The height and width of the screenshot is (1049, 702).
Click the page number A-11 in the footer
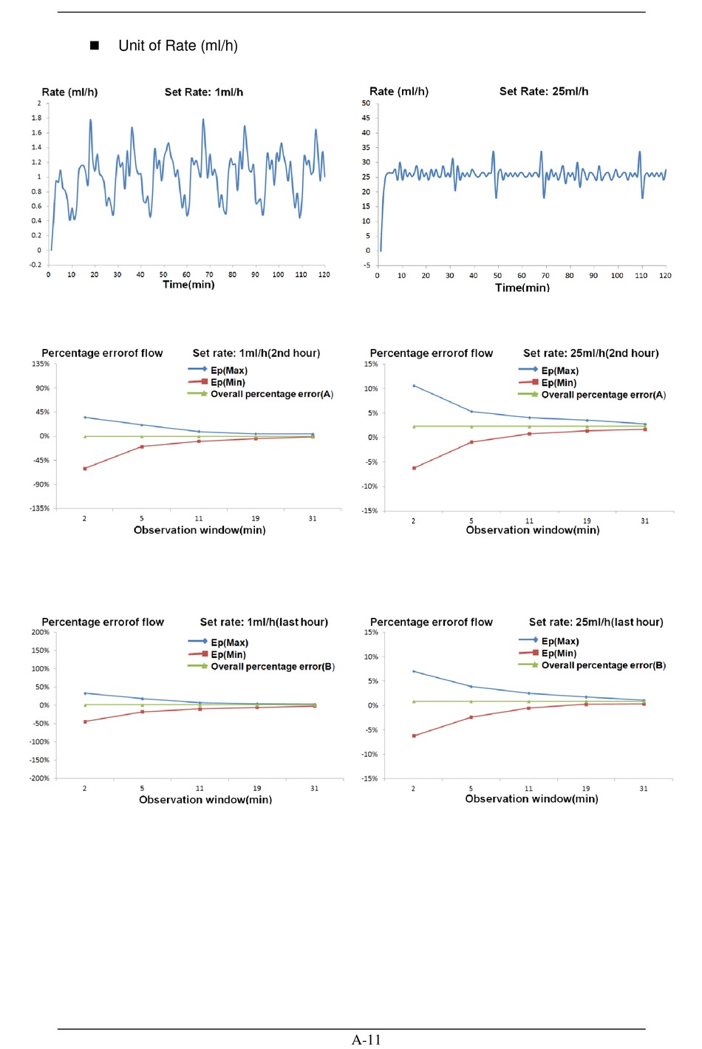point(366,1039)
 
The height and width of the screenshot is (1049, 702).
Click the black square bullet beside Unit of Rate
point(94,45)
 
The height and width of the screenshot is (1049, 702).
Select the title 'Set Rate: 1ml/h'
point(204,92)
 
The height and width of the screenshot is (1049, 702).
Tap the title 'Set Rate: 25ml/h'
point(543,92)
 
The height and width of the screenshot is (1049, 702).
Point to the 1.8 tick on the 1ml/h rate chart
point(36,118)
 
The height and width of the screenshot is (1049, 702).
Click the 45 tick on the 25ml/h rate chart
point(366,118)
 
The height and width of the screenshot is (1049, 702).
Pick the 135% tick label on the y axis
point(40,364)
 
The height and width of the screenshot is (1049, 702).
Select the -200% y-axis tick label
point(39,778)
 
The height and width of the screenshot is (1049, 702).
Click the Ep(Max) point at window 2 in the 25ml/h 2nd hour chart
point(414,386)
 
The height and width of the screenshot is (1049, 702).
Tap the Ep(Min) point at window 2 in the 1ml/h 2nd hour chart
point(85,468)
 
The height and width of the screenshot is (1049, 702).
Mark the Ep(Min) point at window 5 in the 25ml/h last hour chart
point(471,717)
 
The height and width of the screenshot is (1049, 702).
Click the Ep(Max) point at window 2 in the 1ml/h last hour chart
point(85,693)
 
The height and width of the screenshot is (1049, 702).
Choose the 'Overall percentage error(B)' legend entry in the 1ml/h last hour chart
point(261,666)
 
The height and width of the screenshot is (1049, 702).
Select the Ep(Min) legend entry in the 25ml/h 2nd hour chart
point(548,383)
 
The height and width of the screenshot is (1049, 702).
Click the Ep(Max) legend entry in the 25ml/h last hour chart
point(549,641)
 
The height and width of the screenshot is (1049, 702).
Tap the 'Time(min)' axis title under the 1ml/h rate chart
point(188,285)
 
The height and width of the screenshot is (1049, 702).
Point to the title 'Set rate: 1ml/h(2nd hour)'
point(256,353)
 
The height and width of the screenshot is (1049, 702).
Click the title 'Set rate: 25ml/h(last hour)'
point(596,622)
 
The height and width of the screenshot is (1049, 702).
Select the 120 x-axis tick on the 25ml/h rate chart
point(665,275)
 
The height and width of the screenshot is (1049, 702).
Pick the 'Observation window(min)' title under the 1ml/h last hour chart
point(205,799)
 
